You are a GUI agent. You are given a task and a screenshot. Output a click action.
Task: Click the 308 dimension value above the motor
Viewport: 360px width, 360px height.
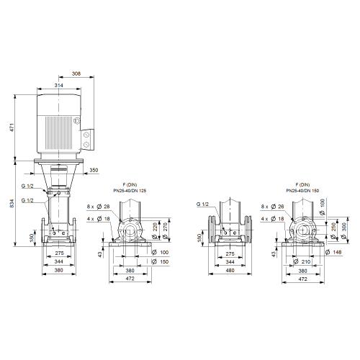coord(76,73)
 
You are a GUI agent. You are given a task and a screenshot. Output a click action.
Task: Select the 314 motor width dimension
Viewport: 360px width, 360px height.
coord(59,85)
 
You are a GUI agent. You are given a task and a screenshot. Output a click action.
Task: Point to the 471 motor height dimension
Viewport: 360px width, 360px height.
coord(12,127)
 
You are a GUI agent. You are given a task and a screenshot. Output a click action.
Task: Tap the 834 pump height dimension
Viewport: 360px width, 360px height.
coord(12,203)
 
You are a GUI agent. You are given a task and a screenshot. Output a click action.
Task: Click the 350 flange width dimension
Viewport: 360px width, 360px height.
coord(94,170)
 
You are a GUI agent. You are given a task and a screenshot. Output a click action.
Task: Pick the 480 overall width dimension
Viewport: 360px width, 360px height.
coord(230,270)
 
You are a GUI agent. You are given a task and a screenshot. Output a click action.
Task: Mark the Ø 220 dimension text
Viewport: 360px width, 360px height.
coord(155,231)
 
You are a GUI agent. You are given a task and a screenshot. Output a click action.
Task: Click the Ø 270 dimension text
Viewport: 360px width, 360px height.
coord(165,231)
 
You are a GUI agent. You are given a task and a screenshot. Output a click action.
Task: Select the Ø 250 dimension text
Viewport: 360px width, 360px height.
coord(333,231)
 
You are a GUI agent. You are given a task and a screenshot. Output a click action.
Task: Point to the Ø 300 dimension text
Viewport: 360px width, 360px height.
coord(343,231)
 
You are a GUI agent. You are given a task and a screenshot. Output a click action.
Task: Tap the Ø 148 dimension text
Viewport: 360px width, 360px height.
coord(333,252)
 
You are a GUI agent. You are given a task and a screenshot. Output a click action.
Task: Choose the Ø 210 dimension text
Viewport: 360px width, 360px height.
coord(302,261)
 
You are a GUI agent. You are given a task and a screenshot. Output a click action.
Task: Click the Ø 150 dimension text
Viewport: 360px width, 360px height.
coord(161,261)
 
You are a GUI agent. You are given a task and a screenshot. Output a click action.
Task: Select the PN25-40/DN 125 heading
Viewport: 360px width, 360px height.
coord(130,191)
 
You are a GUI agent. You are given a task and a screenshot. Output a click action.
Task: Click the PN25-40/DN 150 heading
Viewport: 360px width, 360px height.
coord(302,191)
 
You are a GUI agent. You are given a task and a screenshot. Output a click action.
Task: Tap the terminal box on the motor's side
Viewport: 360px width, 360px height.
coord(87,140)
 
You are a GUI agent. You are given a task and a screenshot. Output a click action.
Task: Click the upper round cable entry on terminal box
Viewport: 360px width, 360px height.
coord(86,135)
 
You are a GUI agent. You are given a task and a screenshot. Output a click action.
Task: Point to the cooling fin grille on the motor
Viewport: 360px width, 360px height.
coord(59,132)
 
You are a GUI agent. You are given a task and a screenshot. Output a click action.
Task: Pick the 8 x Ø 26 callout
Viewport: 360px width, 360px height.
coord(273,207)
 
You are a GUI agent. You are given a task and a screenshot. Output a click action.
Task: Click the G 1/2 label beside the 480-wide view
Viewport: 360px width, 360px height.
coord(202,204)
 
